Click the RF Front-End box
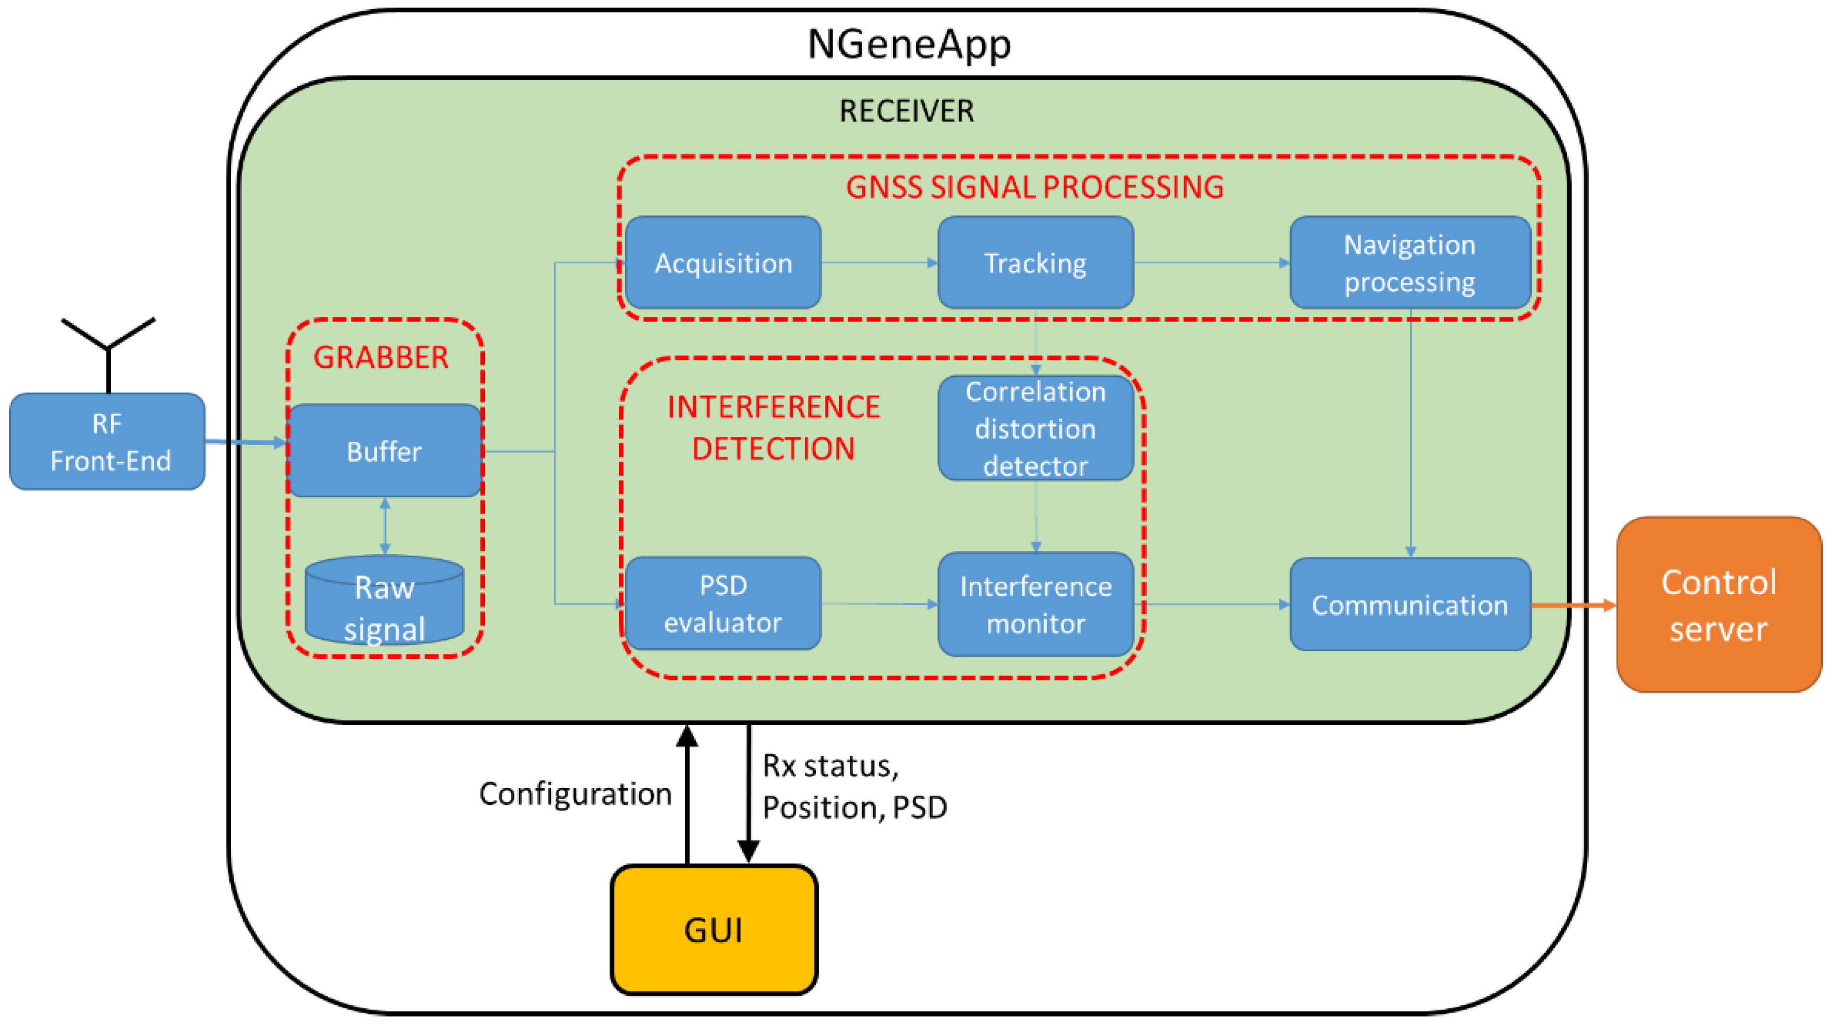[x=108, y=441]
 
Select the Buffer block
[x=384, y=450]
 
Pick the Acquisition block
[x=723, y=262]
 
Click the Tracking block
[x=1035, y=262]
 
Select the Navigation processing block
[x=1410, y=262]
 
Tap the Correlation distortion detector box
[x=1035, y=428]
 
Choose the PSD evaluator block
[x=723, y=603]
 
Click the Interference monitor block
[x=1035, y=604]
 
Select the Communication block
[x=1410, y=604]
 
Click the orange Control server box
[x=1718, y=605]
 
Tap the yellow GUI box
[x=713, y=929]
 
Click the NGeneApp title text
[x=909, y=44]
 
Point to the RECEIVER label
[x=906, y=111]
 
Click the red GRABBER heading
[x=381, y=357]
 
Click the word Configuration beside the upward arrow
[x=575, y=793]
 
